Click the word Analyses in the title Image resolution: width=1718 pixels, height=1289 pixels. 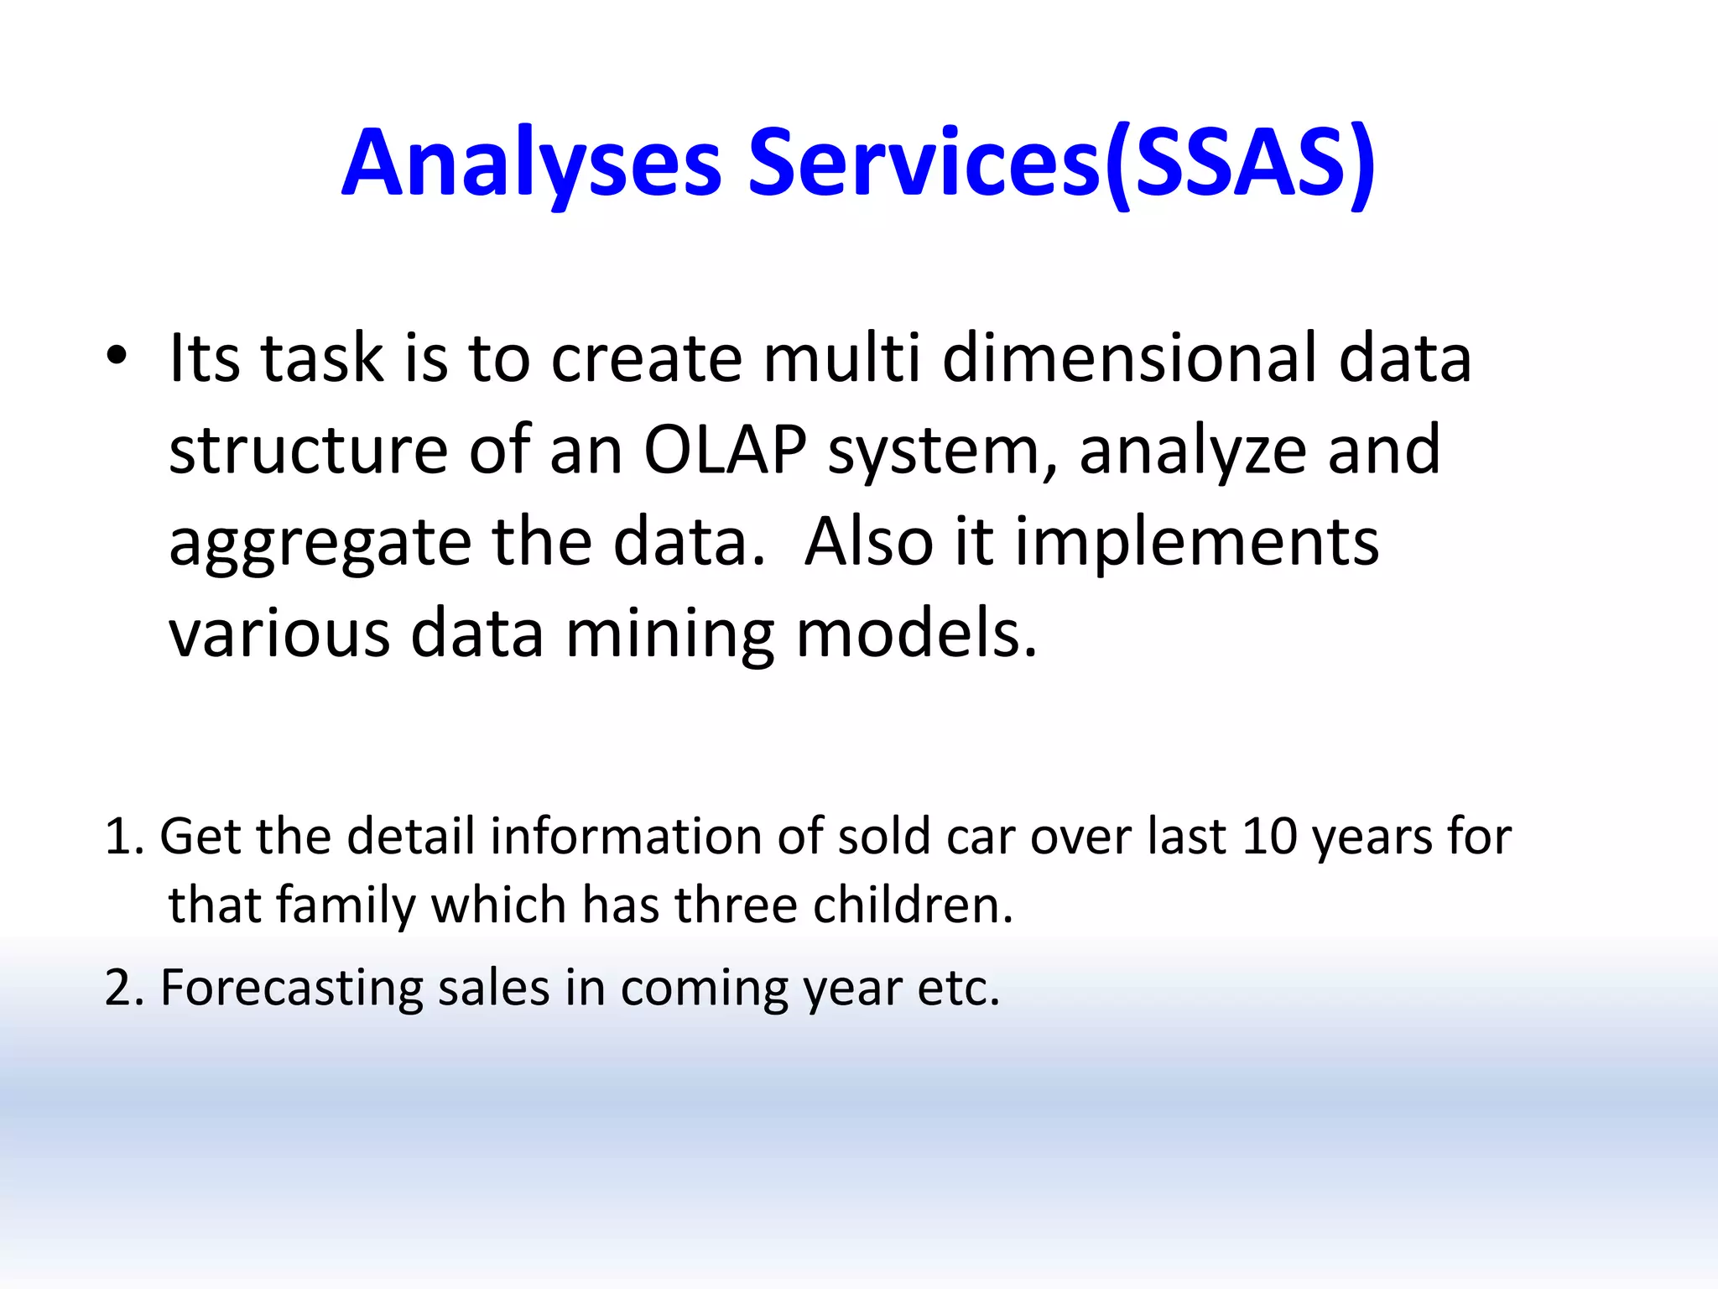531,164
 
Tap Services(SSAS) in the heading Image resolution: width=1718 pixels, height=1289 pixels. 1061,164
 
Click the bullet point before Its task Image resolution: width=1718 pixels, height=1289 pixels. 117,357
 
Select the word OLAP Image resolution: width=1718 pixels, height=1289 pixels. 725,451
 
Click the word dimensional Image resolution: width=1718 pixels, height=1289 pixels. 1129,358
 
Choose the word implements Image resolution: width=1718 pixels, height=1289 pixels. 1197,542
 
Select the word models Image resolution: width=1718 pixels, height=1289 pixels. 916,634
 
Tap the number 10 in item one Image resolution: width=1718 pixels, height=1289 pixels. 1269,837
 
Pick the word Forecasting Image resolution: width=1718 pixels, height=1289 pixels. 291,989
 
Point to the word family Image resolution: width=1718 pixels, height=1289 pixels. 346,907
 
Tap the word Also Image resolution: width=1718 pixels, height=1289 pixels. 868,543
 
